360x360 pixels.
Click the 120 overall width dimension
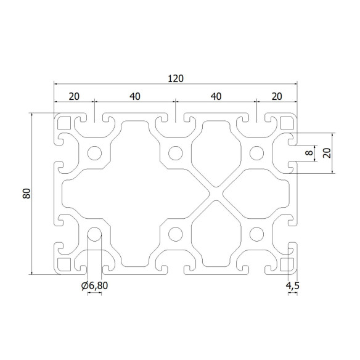(175, 78)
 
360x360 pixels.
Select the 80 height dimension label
(26, 193)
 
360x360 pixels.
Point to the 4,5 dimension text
(292, 285)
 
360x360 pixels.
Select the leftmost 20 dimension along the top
(74, 96)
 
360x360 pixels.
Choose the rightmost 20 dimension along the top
(276, 96)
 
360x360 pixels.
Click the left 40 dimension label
(135, 96)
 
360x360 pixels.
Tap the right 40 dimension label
(216, 96)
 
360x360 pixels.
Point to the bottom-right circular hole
(256, 234)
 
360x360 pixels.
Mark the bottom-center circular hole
(176, 234)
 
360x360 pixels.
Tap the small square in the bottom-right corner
(287, 264)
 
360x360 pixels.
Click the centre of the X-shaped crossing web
(216, 193)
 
